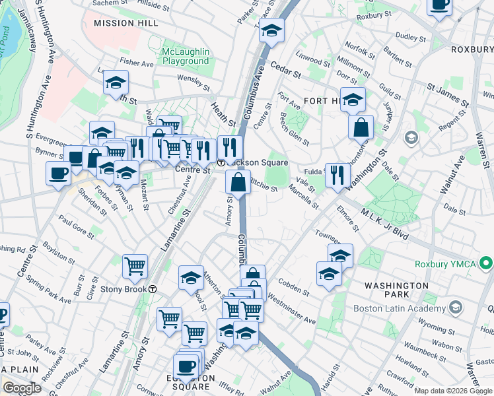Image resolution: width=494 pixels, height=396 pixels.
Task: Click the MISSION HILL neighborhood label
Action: point(125,23)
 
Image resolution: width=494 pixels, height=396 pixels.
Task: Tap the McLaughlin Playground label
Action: point(186,56)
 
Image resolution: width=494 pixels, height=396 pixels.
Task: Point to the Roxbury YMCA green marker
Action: point(487,264)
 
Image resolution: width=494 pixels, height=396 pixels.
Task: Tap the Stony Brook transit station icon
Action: point(153,289)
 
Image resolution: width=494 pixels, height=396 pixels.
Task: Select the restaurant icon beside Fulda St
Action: point(336,176)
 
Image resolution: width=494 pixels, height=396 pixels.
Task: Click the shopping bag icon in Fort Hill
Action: point(361,127)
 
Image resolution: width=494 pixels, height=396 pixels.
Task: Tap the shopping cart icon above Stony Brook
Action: point(135,266)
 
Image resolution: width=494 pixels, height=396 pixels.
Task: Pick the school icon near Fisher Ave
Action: point(116,82)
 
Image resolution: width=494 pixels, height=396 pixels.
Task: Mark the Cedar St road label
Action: point(286,67)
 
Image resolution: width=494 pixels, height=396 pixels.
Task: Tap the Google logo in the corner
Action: point(22,388)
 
